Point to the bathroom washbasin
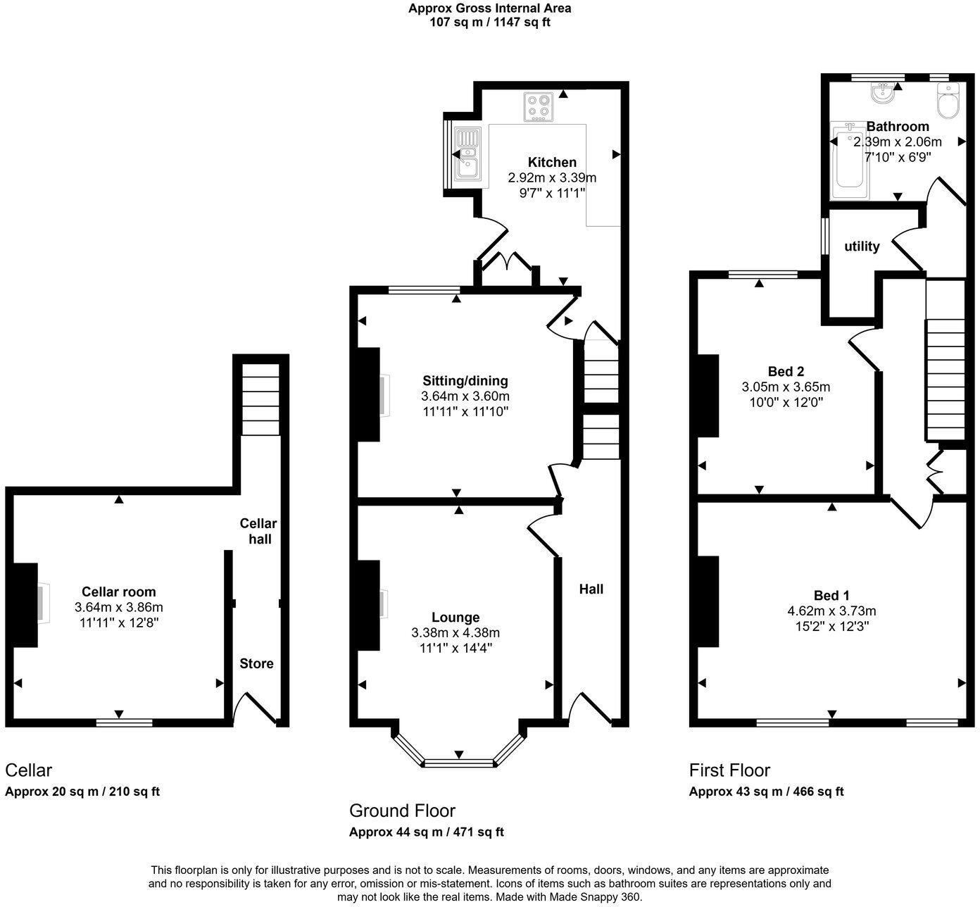(881, 92)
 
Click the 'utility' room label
(862, 246)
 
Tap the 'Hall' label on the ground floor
(591, 589)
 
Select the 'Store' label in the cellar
(256, 663)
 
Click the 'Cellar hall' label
(258, 531)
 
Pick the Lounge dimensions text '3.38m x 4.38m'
(456, 632)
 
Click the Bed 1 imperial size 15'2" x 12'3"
(831, 626)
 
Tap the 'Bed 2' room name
(786, 371)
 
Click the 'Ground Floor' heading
(402, 810)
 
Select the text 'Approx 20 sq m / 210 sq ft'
(82, 791)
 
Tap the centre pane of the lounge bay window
(459, 763)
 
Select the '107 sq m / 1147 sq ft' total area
(490, 22)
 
